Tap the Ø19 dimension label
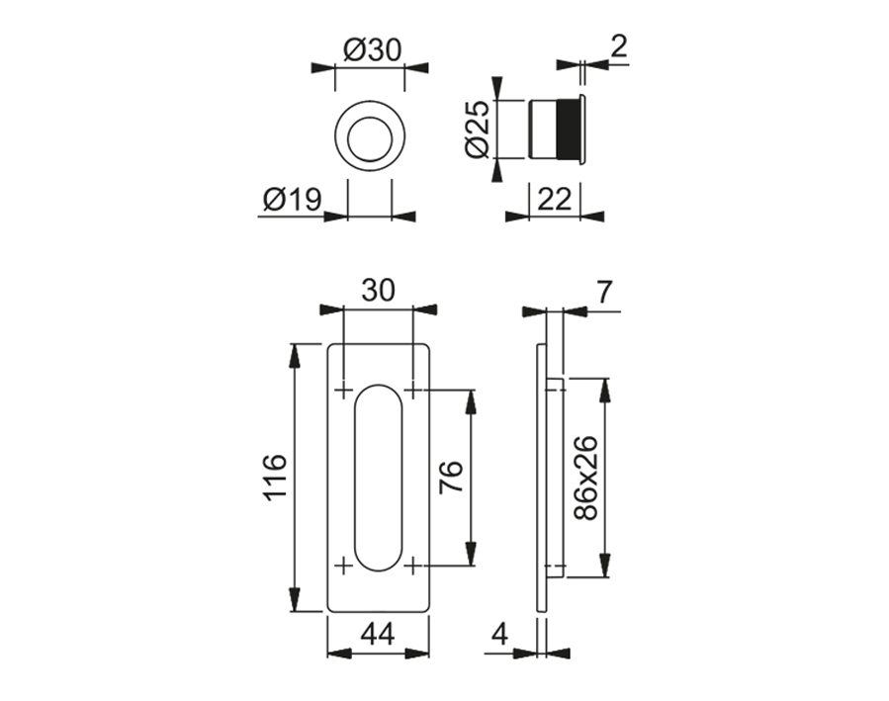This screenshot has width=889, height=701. point(293,201)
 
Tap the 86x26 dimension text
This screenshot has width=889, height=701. point(585,478)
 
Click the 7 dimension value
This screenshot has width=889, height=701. point(605,292)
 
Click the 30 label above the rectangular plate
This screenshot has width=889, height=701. point(378,290)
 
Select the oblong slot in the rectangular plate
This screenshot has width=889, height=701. point(378,477)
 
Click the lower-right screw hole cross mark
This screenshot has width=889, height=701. point(412,566)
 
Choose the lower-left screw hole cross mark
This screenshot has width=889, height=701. point(343,566)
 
